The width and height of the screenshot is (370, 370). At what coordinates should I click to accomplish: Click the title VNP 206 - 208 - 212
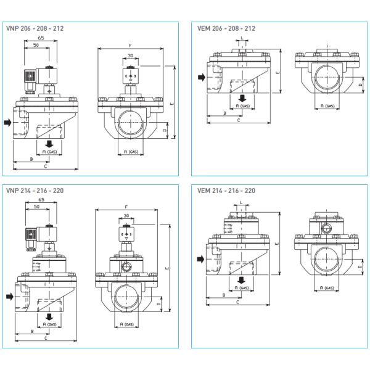[x=35, y=28]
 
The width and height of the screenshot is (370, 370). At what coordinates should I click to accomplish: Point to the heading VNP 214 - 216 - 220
[x=35, y=191]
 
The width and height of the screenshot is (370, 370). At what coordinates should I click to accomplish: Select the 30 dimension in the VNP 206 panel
[x=130, y=56]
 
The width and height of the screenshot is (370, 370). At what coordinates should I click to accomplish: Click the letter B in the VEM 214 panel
[x=223, y=295]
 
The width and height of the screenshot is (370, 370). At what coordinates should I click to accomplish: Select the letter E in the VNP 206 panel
[x=171, y=103]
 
